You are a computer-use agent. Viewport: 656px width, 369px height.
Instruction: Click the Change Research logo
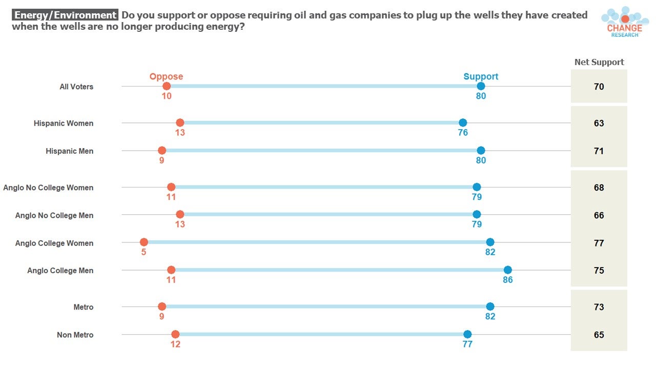coord(625,22)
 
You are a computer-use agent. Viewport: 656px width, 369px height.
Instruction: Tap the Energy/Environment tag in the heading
coord(65,15)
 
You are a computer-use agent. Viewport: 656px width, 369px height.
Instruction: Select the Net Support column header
coord(599,62)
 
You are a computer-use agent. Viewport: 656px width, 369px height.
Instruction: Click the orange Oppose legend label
coord(166,76)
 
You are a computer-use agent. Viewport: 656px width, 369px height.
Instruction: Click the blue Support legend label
coord(481,76)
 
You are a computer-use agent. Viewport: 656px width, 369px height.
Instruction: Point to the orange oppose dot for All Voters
coord(167,87)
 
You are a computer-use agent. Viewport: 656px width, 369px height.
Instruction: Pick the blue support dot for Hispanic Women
coord(463,122)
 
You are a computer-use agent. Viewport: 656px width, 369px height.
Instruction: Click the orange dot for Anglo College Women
coord(144,242)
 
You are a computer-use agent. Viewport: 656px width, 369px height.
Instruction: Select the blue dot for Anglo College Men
coord(508,270)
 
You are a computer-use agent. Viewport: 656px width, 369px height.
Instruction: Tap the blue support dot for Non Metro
coord(467,334)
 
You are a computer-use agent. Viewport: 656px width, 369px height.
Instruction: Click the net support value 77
coord(599,243)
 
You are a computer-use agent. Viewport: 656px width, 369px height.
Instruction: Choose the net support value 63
coord(599,123)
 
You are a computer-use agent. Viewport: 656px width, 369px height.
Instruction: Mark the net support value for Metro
coord(599,307)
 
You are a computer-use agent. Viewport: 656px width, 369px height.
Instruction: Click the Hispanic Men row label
coord(69,151)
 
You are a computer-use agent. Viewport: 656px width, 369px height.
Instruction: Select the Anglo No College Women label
coord(48,188)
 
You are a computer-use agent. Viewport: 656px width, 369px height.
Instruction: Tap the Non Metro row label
coord(75,335)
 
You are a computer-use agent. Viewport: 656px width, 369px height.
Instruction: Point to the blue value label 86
coord(508,280)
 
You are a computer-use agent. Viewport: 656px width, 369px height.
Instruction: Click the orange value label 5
coord(143,252)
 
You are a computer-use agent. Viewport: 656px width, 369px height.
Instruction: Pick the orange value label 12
coord(175,344)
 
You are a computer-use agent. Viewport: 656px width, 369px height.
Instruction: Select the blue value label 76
coord(463,133)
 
